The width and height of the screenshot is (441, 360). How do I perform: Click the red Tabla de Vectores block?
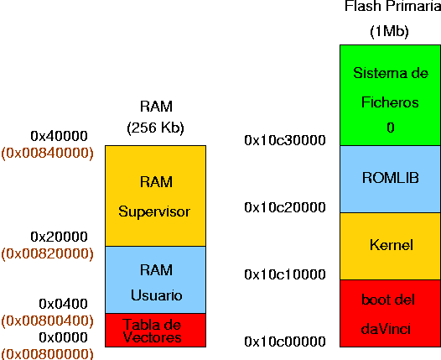[156, 330]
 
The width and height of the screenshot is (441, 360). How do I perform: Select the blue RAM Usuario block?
[156, 279]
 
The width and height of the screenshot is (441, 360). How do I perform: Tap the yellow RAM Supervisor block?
[156, 196]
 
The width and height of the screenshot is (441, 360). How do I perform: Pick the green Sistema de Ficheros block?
[391, 95]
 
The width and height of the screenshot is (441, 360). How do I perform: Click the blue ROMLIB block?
[391, 179]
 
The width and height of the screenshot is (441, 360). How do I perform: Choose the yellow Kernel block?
[391, 246]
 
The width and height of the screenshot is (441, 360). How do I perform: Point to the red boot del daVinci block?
[391, 313]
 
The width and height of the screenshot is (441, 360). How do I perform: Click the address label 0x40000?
[59, 136]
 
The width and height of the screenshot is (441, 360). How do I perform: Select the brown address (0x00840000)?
[47, 153]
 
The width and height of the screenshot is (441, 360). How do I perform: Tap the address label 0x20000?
[59, 237]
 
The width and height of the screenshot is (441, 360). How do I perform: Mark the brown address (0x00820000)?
[47, 254]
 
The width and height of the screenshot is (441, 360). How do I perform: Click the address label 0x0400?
[63, 304]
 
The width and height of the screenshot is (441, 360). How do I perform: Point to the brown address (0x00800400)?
[47, 321]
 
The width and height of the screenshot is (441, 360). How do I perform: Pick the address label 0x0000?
[63, 337]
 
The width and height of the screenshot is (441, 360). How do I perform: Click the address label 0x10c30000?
[285, 140]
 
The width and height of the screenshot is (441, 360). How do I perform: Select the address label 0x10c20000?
[285, 207]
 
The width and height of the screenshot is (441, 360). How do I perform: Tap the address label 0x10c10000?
[285, 274]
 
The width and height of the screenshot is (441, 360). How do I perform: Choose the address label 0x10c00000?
[285, 342]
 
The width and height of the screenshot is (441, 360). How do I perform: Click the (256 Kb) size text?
[156, 128]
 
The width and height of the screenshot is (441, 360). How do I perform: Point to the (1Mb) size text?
[389, 31]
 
